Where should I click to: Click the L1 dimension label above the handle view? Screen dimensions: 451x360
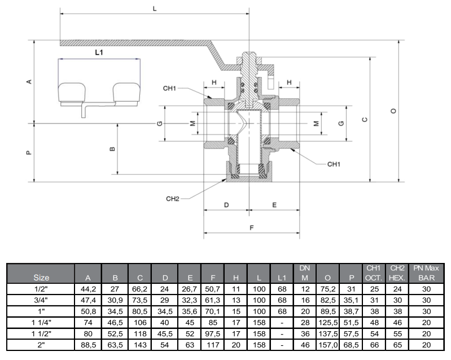(x=99, y=52)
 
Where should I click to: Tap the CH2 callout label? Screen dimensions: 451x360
(x=173, y=199)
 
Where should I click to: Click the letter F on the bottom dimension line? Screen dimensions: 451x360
(x=252, y=228)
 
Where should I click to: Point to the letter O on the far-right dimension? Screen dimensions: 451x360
(x=393, y=111)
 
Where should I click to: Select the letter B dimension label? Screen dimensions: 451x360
(x=113, y=148)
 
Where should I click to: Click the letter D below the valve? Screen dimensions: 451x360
(x=226, y=205)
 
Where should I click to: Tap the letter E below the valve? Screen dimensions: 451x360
(x=274, y=205)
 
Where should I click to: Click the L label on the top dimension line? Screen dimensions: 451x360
(x=155, y=8)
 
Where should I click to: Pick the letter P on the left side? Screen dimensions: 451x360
(x=29, y=153)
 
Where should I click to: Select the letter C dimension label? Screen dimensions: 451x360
(x=365, y=120)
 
